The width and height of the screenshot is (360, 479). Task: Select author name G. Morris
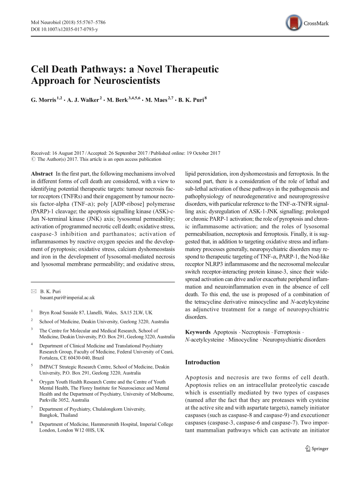[x=43, y=100]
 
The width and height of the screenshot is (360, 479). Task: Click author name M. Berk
[x=117, y=100]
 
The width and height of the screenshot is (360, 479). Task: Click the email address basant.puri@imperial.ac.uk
[x=67, y=298]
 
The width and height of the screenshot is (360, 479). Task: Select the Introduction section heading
[x=202, y=362]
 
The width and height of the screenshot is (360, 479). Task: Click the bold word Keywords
[x=197, y=332]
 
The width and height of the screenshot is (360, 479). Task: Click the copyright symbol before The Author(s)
[x=33, y=159]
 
